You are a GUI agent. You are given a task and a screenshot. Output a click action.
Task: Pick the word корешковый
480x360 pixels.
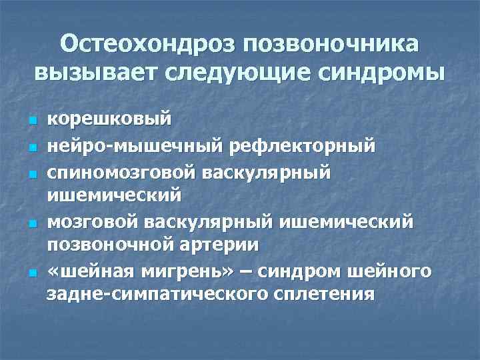[100, 121]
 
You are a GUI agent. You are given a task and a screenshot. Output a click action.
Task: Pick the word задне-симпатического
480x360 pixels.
[156, 293]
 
